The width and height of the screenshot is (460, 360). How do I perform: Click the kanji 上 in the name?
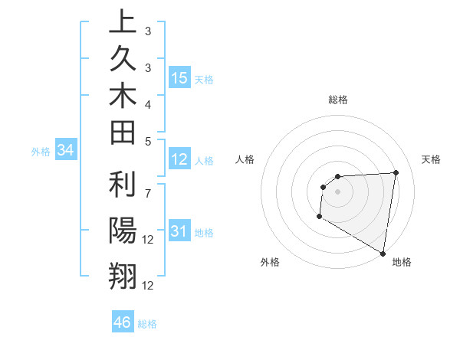[123, 22]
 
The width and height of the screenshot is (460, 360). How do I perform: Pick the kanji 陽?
[123, 230]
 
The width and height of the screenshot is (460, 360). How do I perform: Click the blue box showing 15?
[179, 78]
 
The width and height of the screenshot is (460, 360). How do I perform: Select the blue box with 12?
[179, 160]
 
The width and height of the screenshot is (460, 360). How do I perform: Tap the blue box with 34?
[66, 151]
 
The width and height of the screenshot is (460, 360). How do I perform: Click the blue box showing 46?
[123, 322]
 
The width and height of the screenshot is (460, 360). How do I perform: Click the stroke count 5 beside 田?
[147, 141]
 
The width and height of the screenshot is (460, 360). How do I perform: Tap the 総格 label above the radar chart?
[338, 100]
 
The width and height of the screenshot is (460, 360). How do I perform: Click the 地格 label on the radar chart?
[402, 262]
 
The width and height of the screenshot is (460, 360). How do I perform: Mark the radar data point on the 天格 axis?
[396, 172]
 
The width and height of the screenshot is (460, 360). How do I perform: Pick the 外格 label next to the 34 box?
[41, 152]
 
